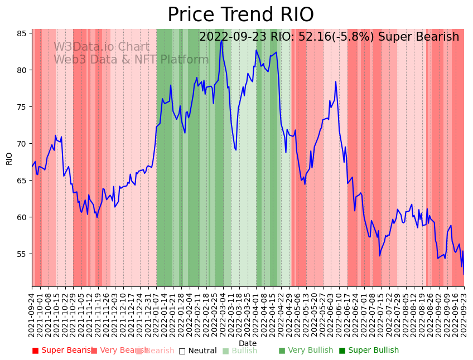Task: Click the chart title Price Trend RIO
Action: pos(240,15)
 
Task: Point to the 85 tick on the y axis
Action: pos(22,33)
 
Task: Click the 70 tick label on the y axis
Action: pos(22,144)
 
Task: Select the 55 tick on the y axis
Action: pos(22,254)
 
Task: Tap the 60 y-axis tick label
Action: pos(22,217)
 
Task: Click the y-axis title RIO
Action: pos(9,158)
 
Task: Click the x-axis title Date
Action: pos(248,343)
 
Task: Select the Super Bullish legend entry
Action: pos(369,351)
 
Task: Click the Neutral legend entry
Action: pos(197,351)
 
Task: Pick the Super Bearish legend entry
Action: pos(62,351)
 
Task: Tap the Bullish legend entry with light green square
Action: pos(240,351)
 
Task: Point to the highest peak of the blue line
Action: pos(222,40)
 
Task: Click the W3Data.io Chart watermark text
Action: pos(102,47)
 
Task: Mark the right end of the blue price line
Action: pos(464,274)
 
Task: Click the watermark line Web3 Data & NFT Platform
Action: pos(131,60)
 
